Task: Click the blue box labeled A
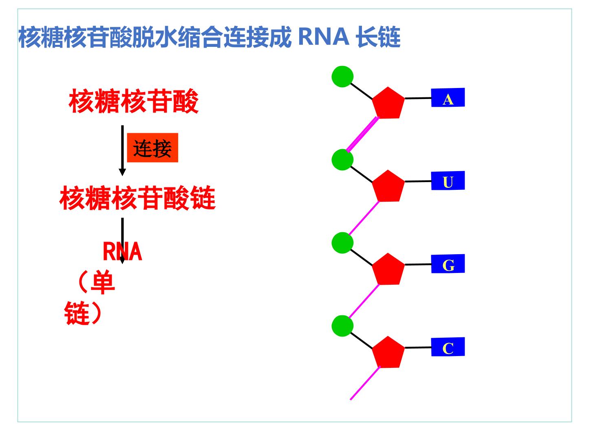pyautogui.click(x=448, y=97)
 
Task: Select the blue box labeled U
pyautogui.click(x=448, y=180)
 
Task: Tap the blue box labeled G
pyautogui.click(x=448, y=264)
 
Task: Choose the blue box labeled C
pyautogui.click(x=448, y=347)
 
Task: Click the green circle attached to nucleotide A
pyautogui.click(x=342, y=77)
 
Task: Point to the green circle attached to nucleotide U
pyautogui.click(x=342, y=160)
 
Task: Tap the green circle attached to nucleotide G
pyautogui.click(x=342, y=243)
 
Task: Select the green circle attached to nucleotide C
pyautogui.click(x=342, y=326)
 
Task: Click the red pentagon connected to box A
pyautogui.click(x=388, y=103)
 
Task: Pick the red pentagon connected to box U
pyautogui.click(x=388, y=187)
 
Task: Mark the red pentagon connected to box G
pyautogui.click(x=388, y=270)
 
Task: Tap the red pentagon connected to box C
pyautogui.click(x=388, y=353)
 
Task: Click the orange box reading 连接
pyautogui.click(x=152, y=148)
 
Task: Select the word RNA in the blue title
pyautogui.click(x=323, y=37)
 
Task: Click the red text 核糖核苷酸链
pyautogui.click(x=137, y=198)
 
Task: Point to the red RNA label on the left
pyautogui.click(x=122, y=251)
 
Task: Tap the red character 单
pyautogui.click(x=103, y=282)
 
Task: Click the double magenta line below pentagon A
pyautogui.click(x=362, y=134)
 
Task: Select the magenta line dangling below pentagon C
pyautogui.click(x=365, y=383)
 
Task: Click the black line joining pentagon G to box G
pyautogui.click(x=418, y=264)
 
